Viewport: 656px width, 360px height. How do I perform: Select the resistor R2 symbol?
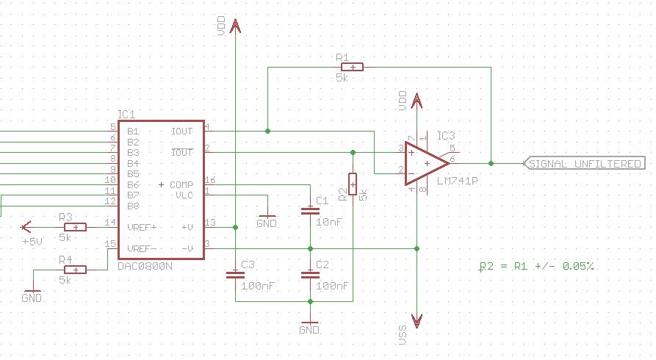click(353, 184)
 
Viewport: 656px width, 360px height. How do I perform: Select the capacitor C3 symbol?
click(235, 275)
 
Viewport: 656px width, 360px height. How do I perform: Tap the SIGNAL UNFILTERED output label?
click(583, 163)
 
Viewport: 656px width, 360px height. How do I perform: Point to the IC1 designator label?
click(126, 114)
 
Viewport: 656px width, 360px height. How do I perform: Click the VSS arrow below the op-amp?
click(417, 321)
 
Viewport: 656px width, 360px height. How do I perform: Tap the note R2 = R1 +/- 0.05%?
click(536, 265)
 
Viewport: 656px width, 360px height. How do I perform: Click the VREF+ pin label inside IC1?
click(143, 227)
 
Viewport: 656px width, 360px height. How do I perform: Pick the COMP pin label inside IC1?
click(180, 184)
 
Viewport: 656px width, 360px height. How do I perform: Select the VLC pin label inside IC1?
click(183, 195)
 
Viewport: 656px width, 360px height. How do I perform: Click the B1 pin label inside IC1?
click(133, 132)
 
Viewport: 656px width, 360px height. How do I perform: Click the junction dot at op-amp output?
click(491, 162)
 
